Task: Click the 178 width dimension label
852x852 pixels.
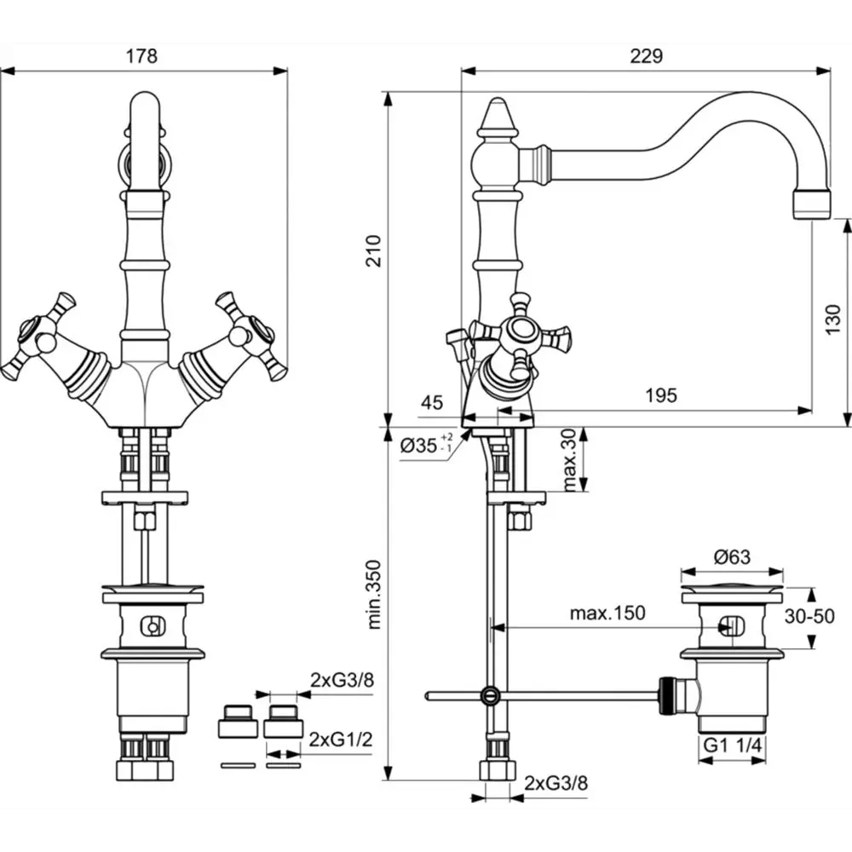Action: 141,56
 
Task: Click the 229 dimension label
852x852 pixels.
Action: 647,56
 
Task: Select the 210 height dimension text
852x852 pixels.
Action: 374,250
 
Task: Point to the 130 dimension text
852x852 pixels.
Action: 833,319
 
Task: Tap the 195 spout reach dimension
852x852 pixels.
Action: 661,395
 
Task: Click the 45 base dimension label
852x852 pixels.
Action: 432,403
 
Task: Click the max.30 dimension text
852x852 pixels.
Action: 569,460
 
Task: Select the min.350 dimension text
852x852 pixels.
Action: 374,595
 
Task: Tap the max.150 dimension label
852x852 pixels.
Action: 607,613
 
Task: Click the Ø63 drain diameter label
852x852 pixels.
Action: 732,557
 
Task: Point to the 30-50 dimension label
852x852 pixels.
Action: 809,616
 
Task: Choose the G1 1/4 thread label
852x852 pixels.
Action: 733,745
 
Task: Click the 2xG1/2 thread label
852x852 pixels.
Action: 341,740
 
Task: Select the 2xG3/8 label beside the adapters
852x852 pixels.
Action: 343,680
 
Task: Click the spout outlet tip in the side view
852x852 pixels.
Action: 812,204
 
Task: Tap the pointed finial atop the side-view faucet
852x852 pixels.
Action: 498,117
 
